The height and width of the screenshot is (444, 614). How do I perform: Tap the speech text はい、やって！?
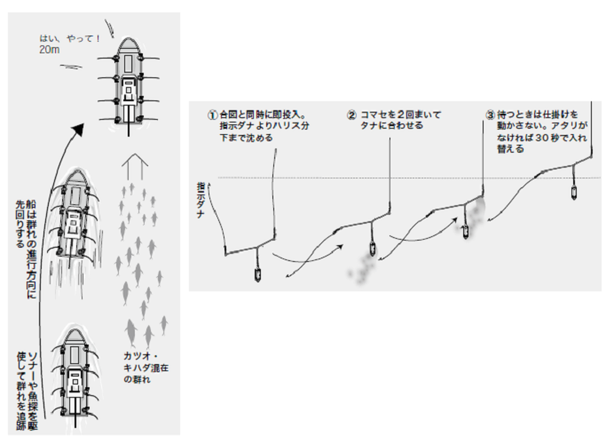(69, 39)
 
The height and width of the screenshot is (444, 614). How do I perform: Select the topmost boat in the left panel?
(129, 85)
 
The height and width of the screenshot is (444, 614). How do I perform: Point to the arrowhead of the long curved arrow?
(77, 129)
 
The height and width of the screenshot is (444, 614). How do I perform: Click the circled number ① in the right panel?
(212, 116)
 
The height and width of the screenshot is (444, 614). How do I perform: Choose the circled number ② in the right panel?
(352, 115)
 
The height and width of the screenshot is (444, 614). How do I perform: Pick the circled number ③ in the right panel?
(491, 115)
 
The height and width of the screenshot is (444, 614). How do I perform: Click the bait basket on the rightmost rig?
(572, 191)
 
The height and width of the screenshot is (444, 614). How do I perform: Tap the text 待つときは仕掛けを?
(538, 115)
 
